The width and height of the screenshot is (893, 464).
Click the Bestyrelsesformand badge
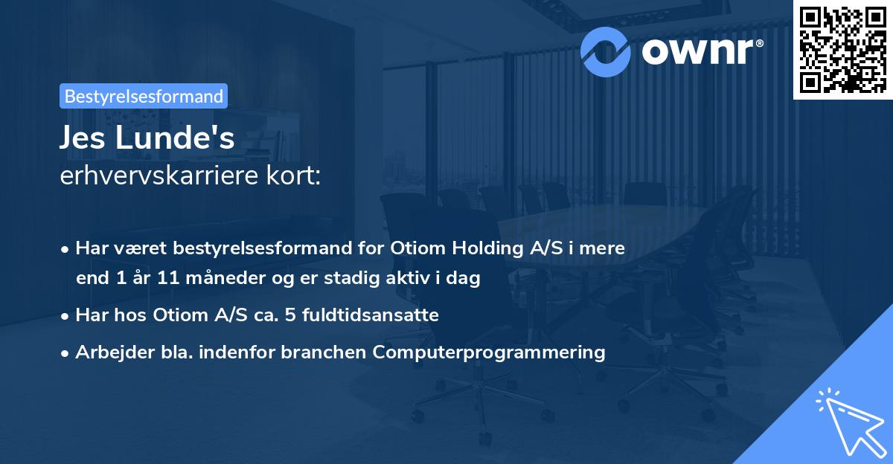point(144,96)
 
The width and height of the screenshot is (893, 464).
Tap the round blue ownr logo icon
point(605,51)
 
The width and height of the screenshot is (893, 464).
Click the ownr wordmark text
point(702,51)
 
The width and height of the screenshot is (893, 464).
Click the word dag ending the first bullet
point(466,279)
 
